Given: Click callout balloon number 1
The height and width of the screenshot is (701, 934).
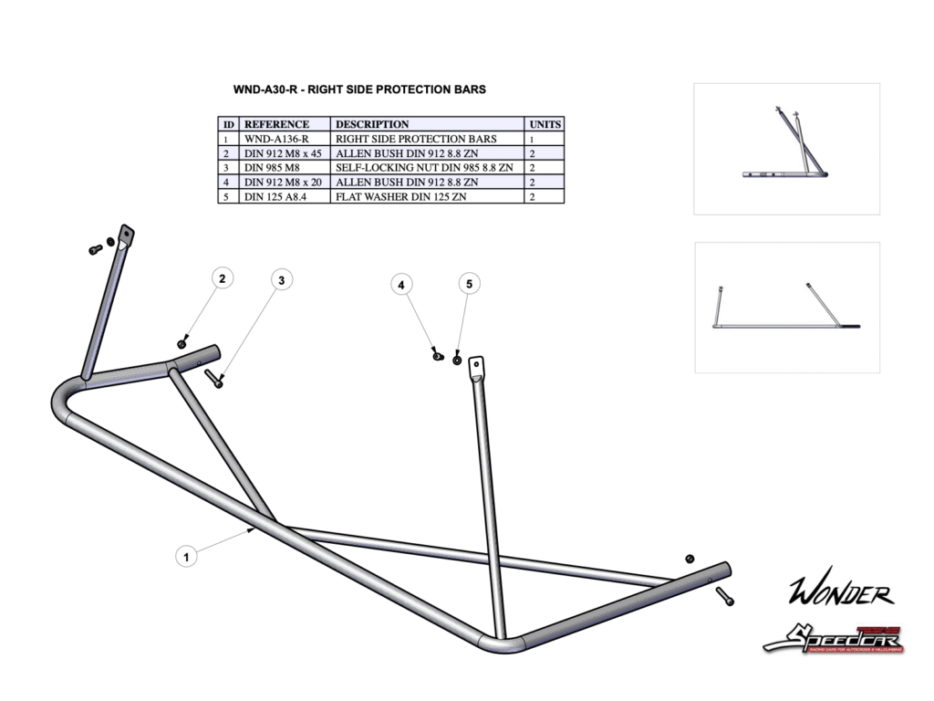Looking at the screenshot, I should click(x=186, y=555).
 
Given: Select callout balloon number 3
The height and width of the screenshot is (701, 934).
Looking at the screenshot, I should click(x=283, y=279).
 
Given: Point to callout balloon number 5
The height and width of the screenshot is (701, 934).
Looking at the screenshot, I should click(x=469, y=284).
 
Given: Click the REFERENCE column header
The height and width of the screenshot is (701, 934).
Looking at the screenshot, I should click(x=276, y=124).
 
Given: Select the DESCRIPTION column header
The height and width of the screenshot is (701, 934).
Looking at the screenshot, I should click(x=372, y=124).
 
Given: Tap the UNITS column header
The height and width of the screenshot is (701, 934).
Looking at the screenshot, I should click(x=545, y=124).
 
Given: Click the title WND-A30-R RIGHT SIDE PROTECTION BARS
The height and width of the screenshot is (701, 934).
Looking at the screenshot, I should click(x=359, y=89).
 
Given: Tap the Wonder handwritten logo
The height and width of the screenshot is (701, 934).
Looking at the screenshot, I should click(x=840, y=593).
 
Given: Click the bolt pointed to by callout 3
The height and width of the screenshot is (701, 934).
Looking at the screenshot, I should click(x=215, y=378).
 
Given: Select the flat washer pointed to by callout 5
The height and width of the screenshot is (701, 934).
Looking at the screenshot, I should click(x=456, y=358).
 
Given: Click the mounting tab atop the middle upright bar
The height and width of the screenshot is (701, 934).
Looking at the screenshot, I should click(x=475, y=369).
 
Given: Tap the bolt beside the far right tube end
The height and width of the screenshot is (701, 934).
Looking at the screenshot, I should click(x=724, y=597).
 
